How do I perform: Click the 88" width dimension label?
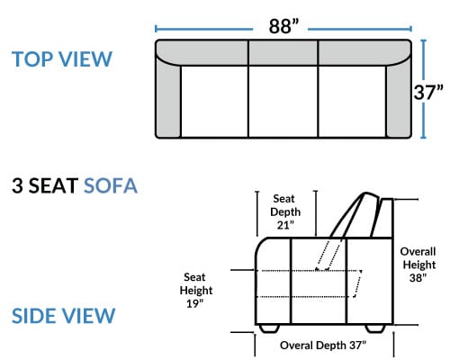(283, 26)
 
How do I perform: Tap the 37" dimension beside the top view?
(428, 92)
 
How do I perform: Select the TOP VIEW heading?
(62, 58)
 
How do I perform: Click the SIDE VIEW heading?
(63, 316)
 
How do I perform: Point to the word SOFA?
(111, 185)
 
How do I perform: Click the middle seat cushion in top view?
(283, 102)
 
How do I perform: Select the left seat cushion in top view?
(214, 102)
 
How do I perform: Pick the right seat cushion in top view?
(352, 102)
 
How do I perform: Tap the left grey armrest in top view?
(168, 99)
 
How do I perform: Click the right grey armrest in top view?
(399, 99)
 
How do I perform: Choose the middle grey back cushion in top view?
(283, 52)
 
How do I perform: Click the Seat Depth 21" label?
(285, 211)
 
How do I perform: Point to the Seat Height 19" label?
(196, 290)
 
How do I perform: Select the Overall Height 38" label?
(418, 265)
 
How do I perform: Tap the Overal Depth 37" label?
(323, 346)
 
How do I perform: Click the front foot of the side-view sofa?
(269, 328)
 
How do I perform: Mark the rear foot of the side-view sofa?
(375, 328)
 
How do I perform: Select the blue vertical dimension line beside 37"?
(423, 89)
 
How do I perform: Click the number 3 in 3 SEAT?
(17, 185)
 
